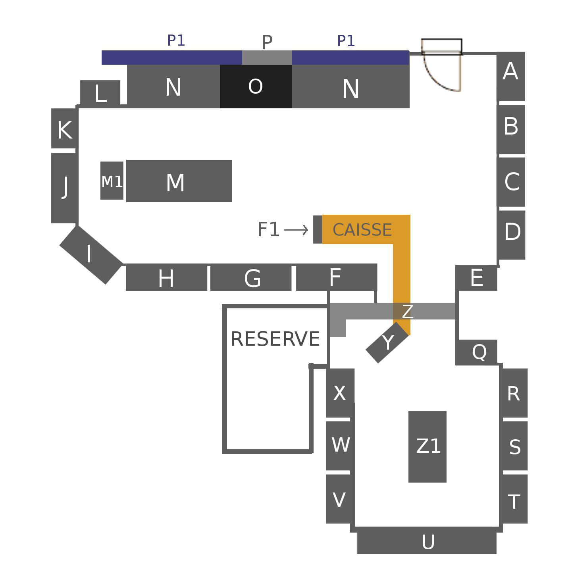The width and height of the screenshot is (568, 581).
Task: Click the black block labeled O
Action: click(256, 86)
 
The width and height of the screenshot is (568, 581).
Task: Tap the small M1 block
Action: click(112, 181)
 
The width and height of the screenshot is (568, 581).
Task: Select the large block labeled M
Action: click(179, 181)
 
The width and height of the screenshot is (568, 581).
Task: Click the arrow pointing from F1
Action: click(296, 230)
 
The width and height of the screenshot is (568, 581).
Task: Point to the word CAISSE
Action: click(362, 230)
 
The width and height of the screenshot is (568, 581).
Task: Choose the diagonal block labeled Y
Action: click(387, 342)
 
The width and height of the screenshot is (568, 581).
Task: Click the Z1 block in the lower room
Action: click(427, 446)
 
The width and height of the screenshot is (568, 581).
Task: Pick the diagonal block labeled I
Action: click(90, 254)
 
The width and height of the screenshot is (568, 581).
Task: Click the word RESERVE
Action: click(275, 339)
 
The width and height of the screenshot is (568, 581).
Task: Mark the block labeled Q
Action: click(476, 352)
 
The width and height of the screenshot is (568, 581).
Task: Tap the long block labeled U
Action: click(427, 543)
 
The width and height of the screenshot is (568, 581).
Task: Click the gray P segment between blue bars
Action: click(267, 58)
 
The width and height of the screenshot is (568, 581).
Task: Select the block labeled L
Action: click(100, 93)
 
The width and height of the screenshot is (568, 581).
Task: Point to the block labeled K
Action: click(64, 129)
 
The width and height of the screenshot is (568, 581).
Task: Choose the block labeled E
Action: click(476, 278)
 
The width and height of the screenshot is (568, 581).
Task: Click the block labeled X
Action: click(340, 393)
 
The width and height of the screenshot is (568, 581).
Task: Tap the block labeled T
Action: click(514, 501)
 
